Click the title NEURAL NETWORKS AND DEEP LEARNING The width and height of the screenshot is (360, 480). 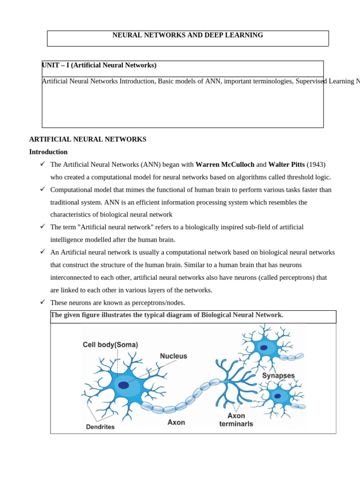187,35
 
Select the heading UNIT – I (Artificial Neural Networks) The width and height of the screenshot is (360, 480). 99,65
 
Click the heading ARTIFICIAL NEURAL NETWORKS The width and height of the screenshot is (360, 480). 88,139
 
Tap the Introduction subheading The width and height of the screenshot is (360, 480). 48,152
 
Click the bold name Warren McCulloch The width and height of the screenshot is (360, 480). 225,165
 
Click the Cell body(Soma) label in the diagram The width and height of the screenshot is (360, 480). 110,345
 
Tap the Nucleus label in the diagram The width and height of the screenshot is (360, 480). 173,356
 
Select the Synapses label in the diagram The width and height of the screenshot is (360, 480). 278,375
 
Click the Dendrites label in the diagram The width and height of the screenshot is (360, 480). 100,427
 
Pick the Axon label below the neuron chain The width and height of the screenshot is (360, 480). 176,422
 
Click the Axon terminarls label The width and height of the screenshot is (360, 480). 236,420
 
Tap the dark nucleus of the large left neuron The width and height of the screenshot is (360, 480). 123,385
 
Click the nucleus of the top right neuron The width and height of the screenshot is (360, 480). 264,348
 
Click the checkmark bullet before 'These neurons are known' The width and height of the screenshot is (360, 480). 42,302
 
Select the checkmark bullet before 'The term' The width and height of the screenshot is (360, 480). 42,226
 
